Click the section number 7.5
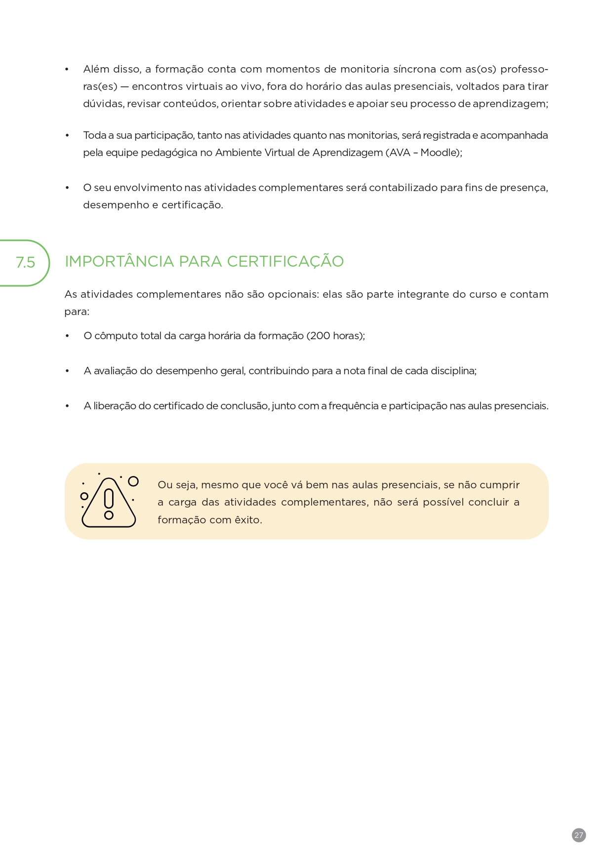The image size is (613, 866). point(25,262)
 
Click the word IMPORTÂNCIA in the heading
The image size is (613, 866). point(119,261)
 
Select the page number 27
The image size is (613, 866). point(578,835)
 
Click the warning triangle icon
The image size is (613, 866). point(109,502)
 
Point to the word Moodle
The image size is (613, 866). point(440,153)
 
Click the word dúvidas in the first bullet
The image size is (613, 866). point(103,104)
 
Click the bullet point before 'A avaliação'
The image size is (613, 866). point(67,371)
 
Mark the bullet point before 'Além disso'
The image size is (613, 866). point(67,69)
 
